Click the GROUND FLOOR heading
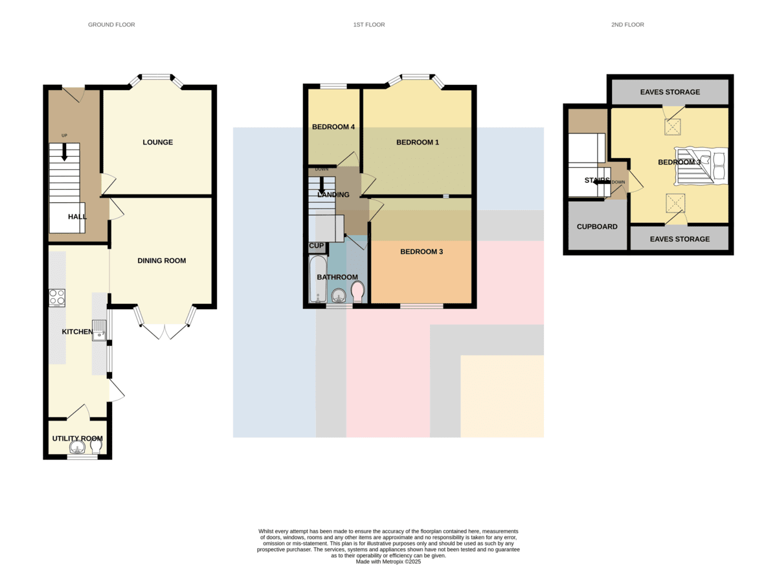[111, 25]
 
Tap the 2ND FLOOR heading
[627, 25]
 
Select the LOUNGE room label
[158, 142]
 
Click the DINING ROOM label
[162, 260]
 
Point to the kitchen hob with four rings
[57, 298]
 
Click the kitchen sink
[99, 330]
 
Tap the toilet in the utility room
[96, 447]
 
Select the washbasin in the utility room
[77, 447]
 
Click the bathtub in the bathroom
[318, 279]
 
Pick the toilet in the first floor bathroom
[357, 292]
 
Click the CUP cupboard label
[317, 246]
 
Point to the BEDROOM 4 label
[333, 127]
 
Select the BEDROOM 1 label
[418, 142]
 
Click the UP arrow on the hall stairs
[64, 152]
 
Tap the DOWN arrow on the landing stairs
[322, 185]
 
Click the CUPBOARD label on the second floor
[597, 227]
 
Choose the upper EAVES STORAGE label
[670, 92]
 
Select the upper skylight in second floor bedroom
[672, 127]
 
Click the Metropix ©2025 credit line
[388, 562]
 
